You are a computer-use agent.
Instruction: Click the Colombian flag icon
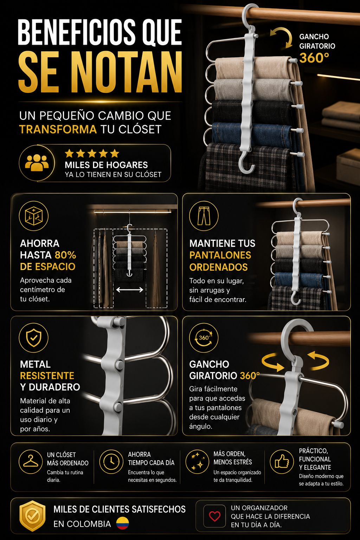122,523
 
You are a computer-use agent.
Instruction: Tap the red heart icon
214,516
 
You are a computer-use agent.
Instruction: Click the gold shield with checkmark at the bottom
32,516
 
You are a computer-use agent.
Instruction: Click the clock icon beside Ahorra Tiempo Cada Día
111,462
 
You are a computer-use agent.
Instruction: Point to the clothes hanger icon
31,461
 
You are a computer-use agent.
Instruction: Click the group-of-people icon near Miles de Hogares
37,163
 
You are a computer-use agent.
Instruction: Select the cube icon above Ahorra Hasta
34,216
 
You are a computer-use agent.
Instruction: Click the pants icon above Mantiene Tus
204,216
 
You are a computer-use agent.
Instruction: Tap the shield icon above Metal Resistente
33,337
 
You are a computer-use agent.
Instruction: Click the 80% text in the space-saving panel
65,255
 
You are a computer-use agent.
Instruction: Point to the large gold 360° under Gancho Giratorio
314,58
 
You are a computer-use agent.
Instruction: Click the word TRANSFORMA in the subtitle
58,129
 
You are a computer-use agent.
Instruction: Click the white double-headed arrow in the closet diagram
130,290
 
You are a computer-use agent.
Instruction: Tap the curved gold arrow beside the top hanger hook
282,37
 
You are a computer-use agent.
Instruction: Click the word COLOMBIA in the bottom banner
82,524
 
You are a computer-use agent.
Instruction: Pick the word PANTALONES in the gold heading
220,255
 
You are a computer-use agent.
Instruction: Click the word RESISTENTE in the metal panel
47,375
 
